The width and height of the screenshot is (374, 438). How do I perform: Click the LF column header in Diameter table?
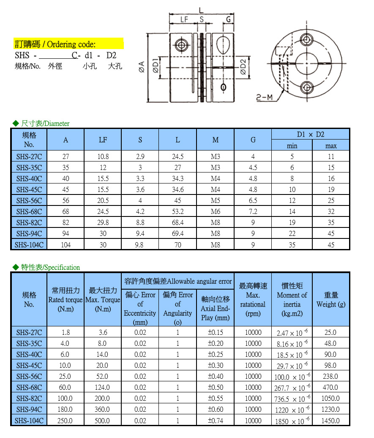[103, 140]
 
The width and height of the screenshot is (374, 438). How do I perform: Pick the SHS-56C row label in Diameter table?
[29, 200]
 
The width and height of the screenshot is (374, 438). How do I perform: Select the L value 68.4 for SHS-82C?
[178, 222]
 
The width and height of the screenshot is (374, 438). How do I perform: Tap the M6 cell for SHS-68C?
[215, 211]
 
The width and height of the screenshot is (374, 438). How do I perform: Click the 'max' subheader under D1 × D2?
[331, 146]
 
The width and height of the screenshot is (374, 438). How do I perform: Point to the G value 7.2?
[253, 211]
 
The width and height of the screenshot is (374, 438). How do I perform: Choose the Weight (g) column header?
[331, 300]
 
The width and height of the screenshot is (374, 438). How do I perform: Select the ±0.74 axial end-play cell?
[216, 421]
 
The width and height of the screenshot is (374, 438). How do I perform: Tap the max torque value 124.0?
[103, 388]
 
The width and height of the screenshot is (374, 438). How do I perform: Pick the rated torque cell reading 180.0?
[66, 410]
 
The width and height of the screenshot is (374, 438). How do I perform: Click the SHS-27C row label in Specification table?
[29, 333]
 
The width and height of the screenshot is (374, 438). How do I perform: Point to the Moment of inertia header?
[292, 300]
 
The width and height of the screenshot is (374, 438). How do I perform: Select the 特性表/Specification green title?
[47, 267]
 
